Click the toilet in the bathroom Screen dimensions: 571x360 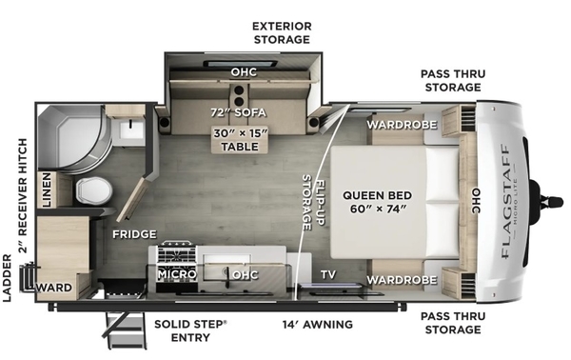[94, 190]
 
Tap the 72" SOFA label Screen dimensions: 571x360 [239, 112]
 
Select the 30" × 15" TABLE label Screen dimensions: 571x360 [241, 140]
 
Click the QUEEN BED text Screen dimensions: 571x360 [377, 195]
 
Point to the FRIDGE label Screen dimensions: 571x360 [134, 234]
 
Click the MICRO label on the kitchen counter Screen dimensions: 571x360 [177, 274]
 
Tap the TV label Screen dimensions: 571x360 [328, 274]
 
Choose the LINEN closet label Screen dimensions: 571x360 [47, 190]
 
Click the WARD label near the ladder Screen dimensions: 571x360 [54, 287]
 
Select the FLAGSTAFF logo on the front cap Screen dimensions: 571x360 [505, 202]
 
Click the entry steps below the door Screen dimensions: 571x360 [126, 330]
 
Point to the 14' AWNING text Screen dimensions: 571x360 [318, 324]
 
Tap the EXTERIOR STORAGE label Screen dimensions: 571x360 [282, 32]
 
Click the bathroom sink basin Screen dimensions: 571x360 [128, 129]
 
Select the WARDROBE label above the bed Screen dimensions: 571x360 [402, 125]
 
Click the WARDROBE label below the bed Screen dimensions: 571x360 [402, 280]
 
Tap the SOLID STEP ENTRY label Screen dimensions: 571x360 [190, 330]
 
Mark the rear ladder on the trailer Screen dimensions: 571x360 [29, 277]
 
